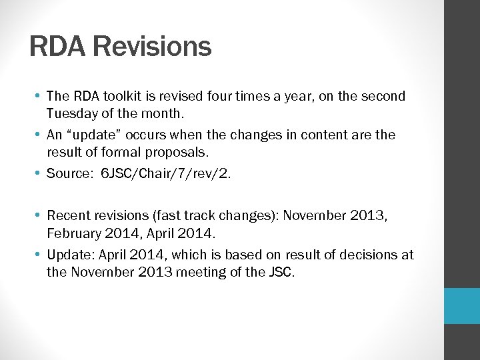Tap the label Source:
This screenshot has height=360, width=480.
(x=69, y=173)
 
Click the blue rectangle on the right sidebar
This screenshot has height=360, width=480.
(x=462, y=305)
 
